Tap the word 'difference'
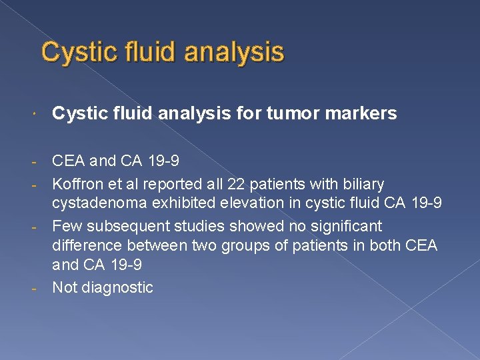pos(87,246)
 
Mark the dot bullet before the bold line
pos(42,115)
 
